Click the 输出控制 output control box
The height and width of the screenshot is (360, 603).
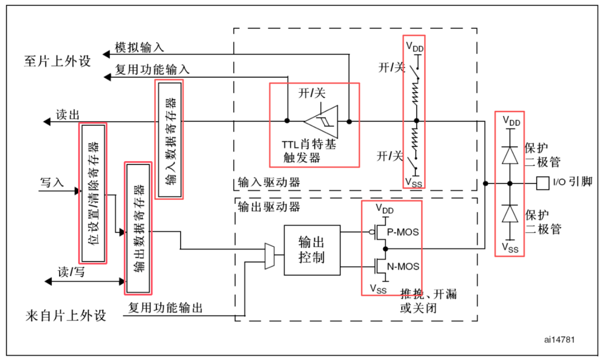tap(312, 250)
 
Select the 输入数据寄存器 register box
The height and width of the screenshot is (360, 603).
tap(169, 140)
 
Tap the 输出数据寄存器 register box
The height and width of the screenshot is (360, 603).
tap(138, 228)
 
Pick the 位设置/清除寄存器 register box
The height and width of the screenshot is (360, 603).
tap(93, 193)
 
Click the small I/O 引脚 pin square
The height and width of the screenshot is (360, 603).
tap(542, 183)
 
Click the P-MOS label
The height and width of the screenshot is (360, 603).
tap(402, 232)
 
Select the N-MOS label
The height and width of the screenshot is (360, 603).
tap(403, 266)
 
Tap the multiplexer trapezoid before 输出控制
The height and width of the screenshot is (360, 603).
tap(269, 256)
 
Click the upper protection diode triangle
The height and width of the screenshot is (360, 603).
tap(510, 155)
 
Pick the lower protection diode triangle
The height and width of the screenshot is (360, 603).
tap(510, 213)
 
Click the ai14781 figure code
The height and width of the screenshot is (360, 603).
tap(559, 340)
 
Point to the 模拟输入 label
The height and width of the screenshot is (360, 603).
tap(139, 47)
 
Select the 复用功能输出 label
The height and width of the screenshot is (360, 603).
tap(165, 308)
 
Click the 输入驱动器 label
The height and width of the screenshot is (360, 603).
tap(269, 182)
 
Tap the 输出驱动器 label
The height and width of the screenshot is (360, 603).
tap(269, 207)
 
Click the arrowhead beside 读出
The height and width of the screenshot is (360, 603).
tap(47, 122)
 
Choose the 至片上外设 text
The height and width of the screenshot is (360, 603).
tap(57, 61)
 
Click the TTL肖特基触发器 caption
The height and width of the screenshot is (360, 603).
tap(308, 151)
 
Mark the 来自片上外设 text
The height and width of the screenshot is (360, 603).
tap(66, 316)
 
